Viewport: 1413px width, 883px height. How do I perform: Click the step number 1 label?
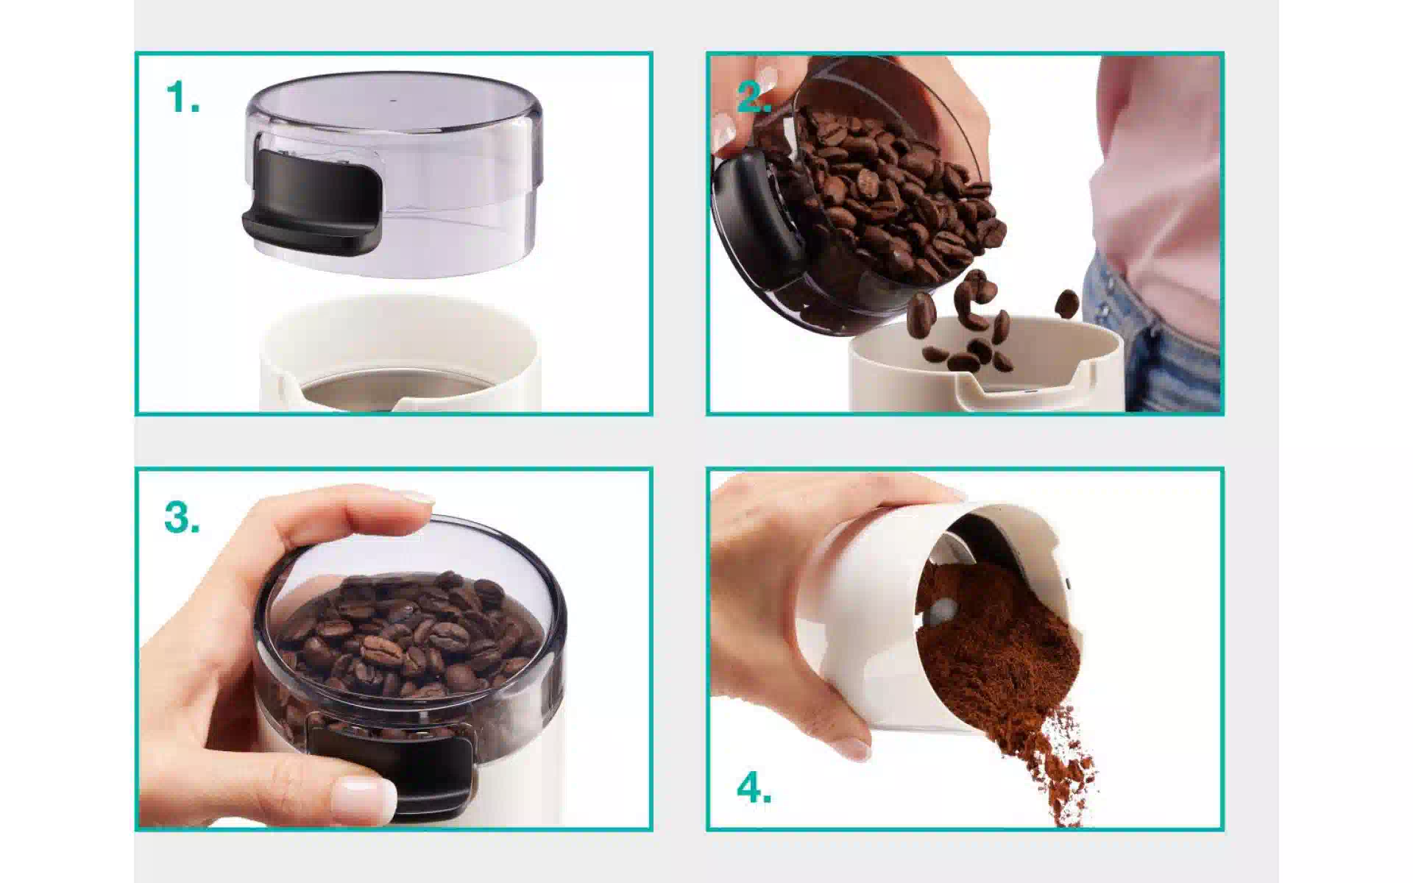click(182, 98)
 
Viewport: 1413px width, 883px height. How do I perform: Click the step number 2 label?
click(753, 97)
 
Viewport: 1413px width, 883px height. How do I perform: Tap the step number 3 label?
click(182, 517)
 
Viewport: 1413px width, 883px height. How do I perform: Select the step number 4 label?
click(754, 788)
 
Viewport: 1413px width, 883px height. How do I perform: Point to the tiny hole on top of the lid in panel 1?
click(391, 99)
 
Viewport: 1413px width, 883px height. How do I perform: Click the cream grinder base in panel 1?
click(401, 353)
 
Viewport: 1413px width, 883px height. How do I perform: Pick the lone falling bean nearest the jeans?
click(1066, 303)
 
